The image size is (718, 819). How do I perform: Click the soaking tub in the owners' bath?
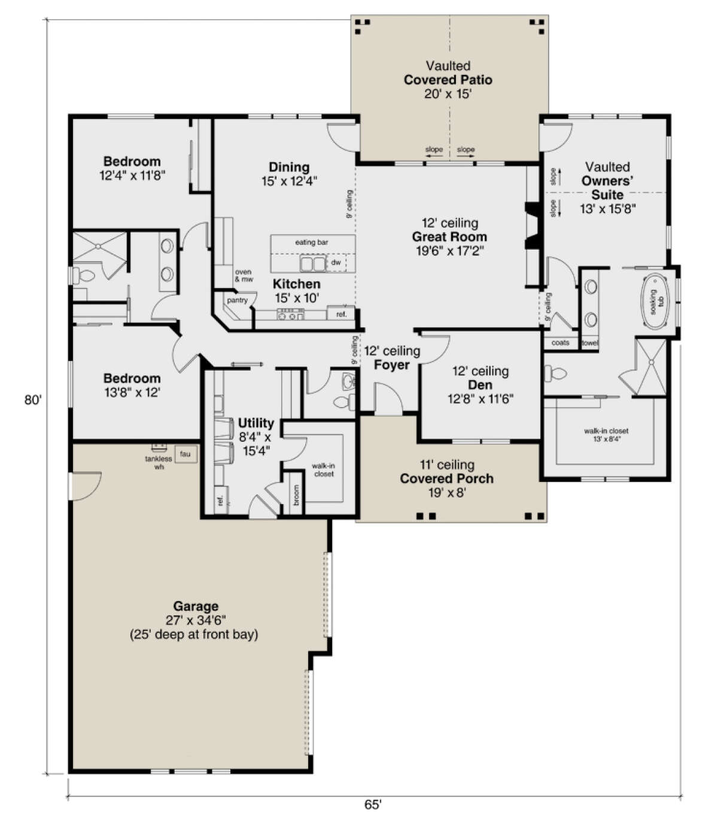click(x=655, y=301)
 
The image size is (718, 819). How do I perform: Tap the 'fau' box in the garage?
click(x=186, y=454)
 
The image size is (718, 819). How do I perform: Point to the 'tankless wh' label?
click(x=159, y=463)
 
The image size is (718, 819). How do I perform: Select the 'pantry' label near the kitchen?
click(x=237, y=300)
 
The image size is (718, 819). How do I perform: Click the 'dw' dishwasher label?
click(x=336, y=262)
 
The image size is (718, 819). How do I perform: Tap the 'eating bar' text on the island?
click(x=312, y=242)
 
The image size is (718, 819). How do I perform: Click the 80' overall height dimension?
click(x=33, y=400)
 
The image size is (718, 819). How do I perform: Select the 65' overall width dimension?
click(x=373, y=805)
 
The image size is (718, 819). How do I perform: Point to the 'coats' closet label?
click(x=560, y=342)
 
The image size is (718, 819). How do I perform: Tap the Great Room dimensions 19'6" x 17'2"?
click(x=450, y=251)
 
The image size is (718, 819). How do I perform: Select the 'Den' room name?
click(x=480, y=384)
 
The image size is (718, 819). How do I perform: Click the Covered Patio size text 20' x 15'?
click(x=448, y=94)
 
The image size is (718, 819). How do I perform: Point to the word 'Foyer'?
click(x=391, y=365)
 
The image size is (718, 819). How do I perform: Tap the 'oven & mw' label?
click(x=244, y=275)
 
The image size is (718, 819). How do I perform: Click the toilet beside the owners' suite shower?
click(x=555, y=373)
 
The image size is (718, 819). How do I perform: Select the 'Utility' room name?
click(x=255, y=423)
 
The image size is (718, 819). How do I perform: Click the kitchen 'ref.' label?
click(x=342, y=314)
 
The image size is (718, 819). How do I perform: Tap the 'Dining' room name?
click(x=289, y=167)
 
